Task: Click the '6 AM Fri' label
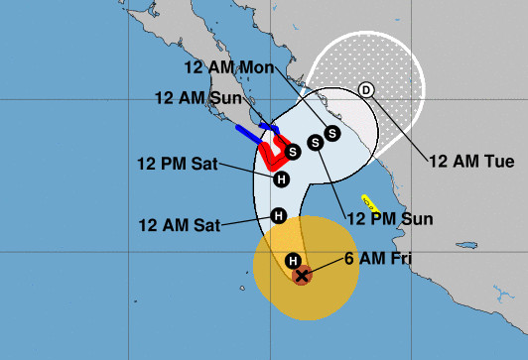tap(377, 260)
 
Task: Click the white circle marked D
tap(366, 90)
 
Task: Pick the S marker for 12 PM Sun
tap(316, 143)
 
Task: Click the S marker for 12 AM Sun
tap(293, 151)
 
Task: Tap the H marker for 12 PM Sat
tap(281, 180)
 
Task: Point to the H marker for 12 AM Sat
tap(279, 215)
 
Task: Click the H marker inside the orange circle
tap(293, 261)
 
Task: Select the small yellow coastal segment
tap(369, 201)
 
